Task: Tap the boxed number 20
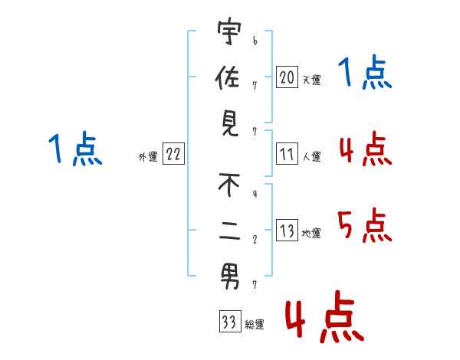point(287,77)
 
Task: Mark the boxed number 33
point(229,322)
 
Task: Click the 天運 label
point(311,79)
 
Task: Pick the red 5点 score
point(364,224)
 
